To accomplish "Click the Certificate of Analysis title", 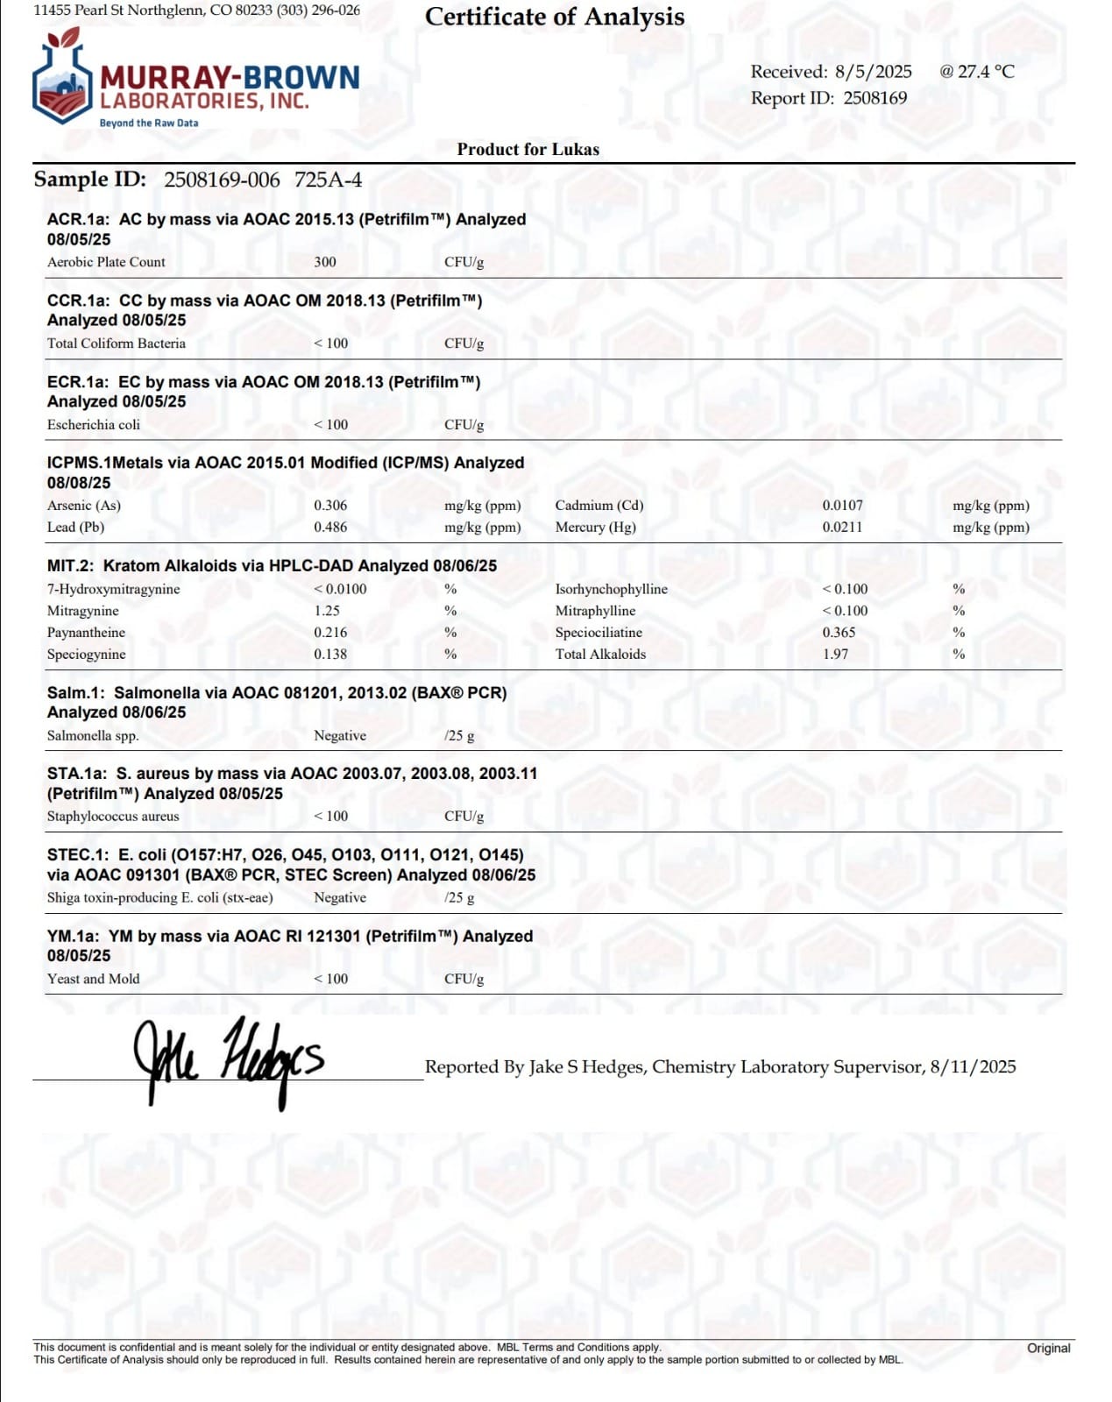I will [554, 17].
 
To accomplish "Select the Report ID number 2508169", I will [875, 98].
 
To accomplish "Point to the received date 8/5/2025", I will [873, 72].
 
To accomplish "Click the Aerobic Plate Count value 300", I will [324, 262].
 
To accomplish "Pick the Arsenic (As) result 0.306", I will [330, 506].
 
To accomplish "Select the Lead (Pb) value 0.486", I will [330, 528].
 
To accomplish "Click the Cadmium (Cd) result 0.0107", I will [842, 506].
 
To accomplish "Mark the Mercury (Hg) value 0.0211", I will [842, 528].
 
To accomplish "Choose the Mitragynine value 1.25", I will [327, 611].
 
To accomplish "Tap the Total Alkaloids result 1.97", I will [835, 655].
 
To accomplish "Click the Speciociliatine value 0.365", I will [839, 633].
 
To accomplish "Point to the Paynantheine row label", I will [86, 633].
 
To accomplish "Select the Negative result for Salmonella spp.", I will [340, 736].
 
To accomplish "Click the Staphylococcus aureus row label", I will [113, 817].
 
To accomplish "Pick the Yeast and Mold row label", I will [93, 979].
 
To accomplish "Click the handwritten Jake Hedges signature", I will [228, 1059].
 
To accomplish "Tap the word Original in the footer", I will [1048, 1348].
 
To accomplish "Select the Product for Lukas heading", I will [528, 149].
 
